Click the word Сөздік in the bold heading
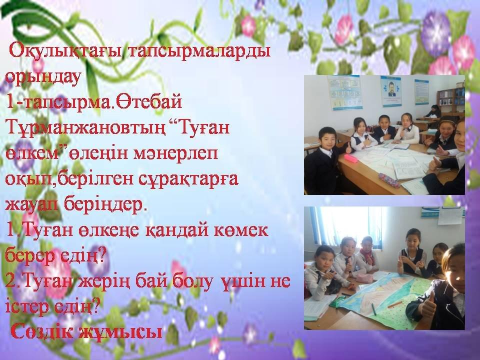point(44,332)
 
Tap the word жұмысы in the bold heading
point(121,332)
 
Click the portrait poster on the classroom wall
point(391,91)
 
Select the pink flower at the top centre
point(248,25)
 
